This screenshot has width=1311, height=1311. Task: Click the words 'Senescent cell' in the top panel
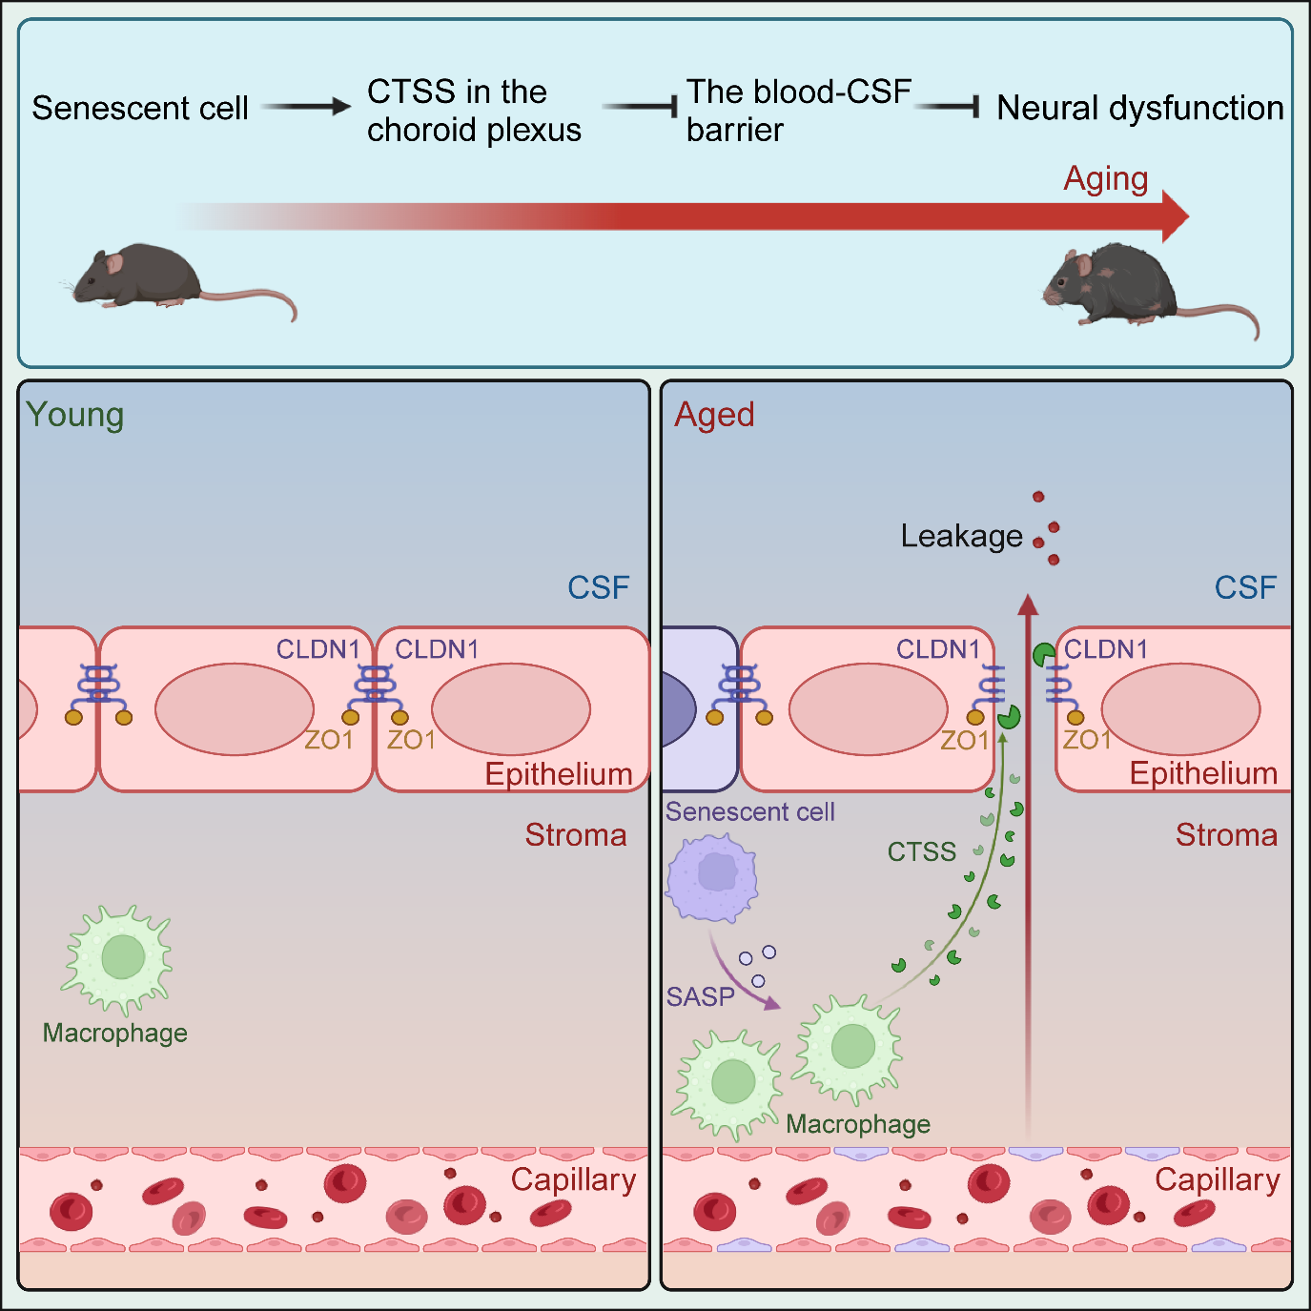tap(140, 109)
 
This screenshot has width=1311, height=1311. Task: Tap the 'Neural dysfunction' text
tap(1139, 109)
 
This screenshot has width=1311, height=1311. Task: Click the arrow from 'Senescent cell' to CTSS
tap(306, 107)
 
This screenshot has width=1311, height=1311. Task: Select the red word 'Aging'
tap(1105, 179)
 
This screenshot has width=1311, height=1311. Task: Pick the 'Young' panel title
tap(74, 416)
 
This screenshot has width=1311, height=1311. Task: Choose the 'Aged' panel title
tap(714, 416)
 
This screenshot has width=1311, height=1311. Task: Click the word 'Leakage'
tap(961, 537)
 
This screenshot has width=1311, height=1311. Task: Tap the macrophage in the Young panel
tap(120, 958)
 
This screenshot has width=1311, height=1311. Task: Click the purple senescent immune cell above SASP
tap(713, 875)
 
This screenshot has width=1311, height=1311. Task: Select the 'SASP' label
tap(700, 997)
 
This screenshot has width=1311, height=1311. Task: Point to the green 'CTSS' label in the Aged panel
tap(921, 852)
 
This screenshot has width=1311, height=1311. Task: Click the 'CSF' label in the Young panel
tap(598, 588)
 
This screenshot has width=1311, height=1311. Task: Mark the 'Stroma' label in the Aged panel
tap(1226, 836)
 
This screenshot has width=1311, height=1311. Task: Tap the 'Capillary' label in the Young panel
tap(573, 1180)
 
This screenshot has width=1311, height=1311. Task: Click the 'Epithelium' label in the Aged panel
tap(1203, 774)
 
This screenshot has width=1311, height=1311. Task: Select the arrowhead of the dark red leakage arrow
tap(1027, 604)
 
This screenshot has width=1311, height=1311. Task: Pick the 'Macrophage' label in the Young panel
tap(114, 1034)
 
